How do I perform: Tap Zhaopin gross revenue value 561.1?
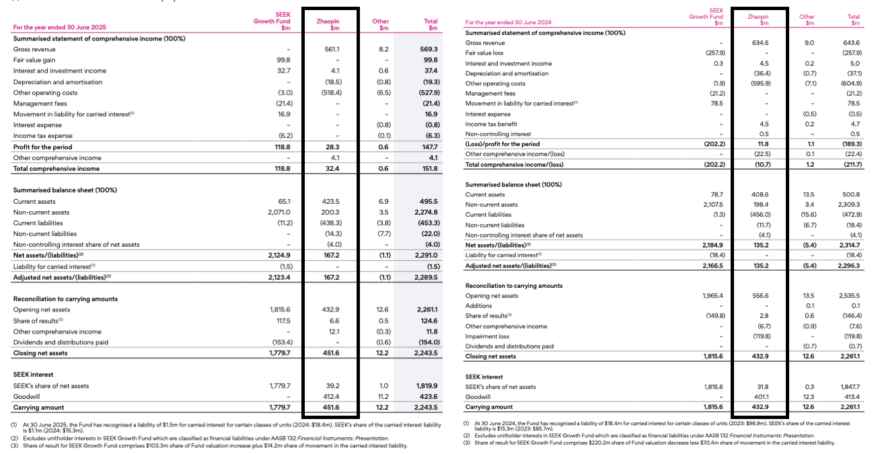[331, 49]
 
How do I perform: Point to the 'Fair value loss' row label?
[484, 53]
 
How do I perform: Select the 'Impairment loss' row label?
[488, 336]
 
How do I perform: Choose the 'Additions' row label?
[479, 306]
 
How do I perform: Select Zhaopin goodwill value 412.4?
[331, 396]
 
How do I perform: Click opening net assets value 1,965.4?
[712, 296]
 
